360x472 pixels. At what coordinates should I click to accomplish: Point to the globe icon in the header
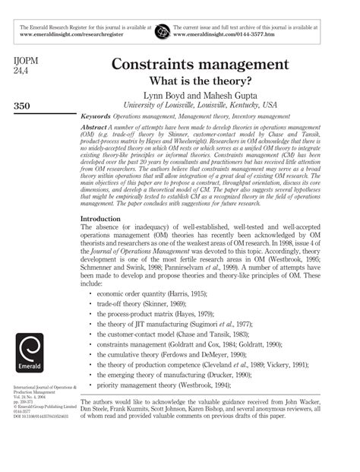point(162,31)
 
